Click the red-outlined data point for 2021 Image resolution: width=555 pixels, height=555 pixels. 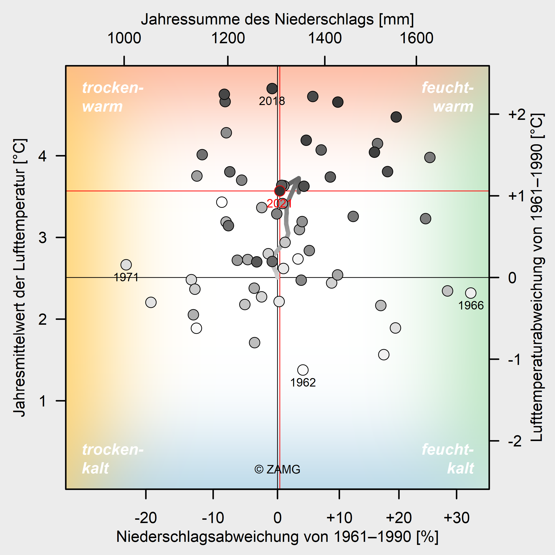pos(280,191)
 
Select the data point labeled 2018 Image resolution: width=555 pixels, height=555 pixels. pos(272,89)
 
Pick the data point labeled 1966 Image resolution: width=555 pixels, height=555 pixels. pos(471,293)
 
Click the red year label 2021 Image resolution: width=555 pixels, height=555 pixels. pos(279,204)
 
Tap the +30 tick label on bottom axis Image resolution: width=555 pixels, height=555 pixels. pos(457,518)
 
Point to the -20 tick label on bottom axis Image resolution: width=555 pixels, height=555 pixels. pos(146,518)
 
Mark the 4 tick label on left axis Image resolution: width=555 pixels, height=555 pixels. pos(43,156)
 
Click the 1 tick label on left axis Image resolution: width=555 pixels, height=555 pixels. pos(43,401)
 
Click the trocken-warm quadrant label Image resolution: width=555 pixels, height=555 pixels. pos(113,97)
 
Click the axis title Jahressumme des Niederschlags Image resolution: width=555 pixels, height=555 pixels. pos(277,19)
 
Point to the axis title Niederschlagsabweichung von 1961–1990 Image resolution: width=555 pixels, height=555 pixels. pos(277,536)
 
